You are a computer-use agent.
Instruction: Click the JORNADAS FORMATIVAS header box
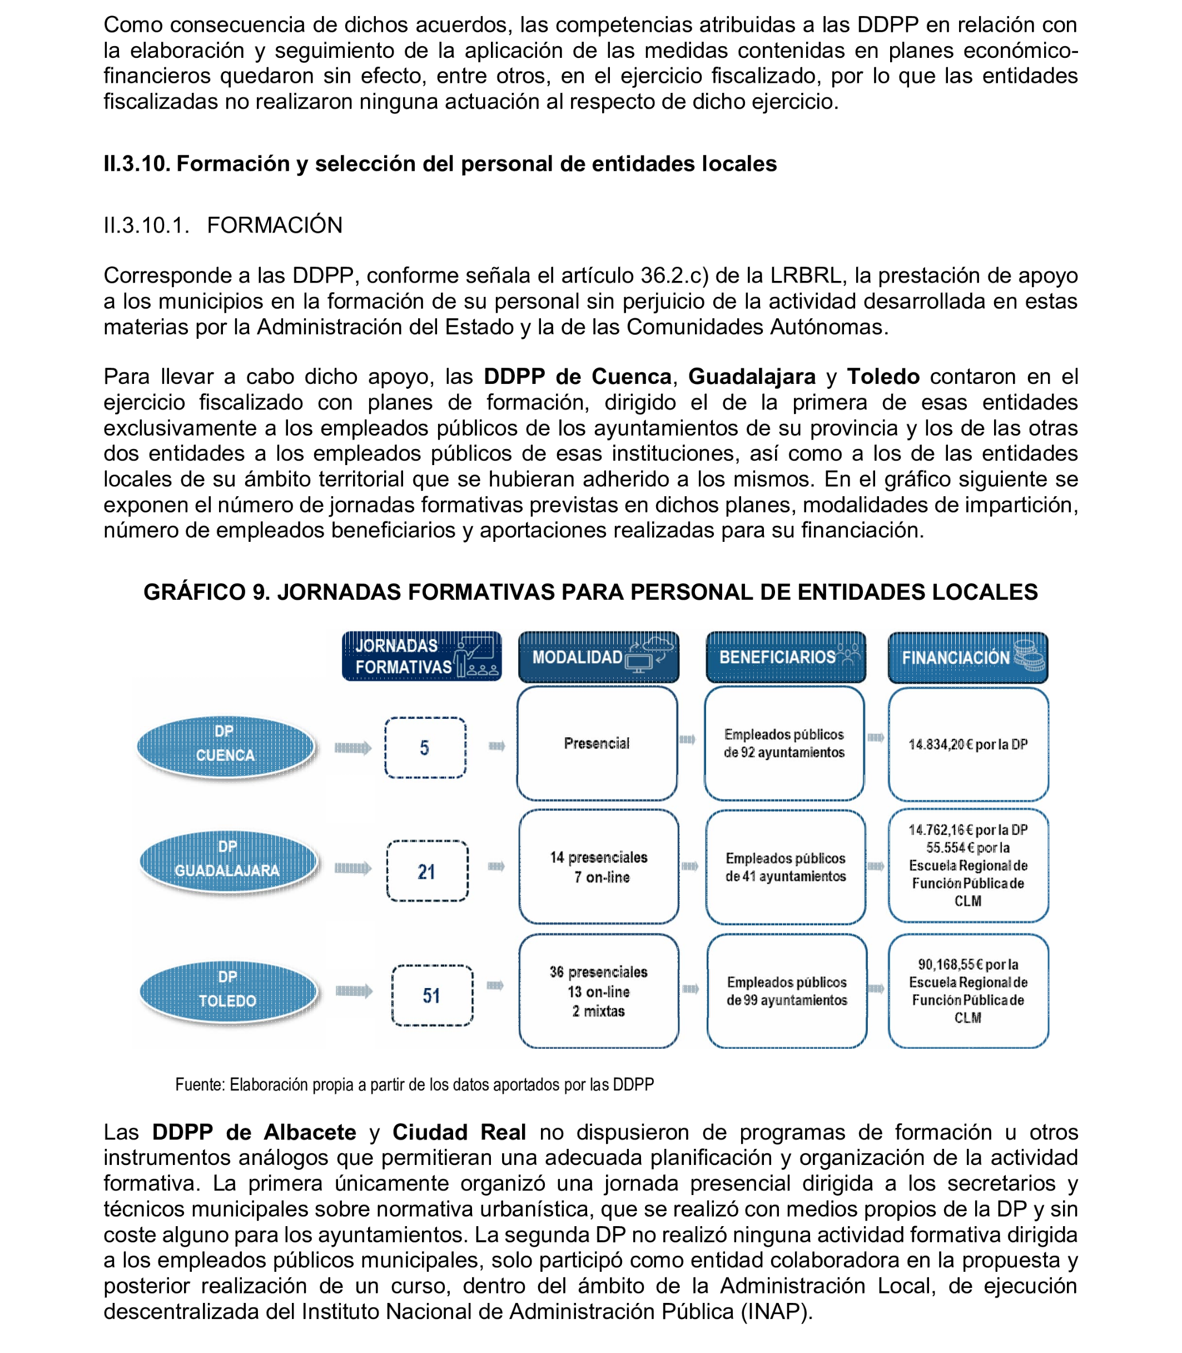point(421,656)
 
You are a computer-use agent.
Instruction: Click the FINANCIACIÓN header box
point(967,658)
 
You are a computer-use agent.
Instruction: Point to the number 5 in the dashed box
point(425,748)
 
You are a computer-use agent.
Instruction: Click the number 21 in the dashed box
point(427,872)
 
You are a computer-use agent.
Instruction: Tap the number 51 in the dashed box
point(431,995)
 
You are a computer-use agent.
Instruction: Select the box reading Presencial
point(597,744)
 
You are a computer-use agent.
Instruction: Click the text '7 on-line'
point(602,877)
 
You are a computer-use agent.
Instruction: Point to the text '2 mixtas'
point(598,1011)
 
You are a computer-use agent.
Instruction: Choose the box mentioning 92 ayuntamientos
point(784,744)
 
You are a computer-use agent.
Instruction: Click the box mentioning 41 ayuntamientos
point(786,867)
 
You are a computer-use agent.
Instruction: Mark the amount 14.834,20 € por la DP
point(967,744)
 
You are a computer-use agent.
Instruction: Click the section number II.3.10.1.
point(146,225)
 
